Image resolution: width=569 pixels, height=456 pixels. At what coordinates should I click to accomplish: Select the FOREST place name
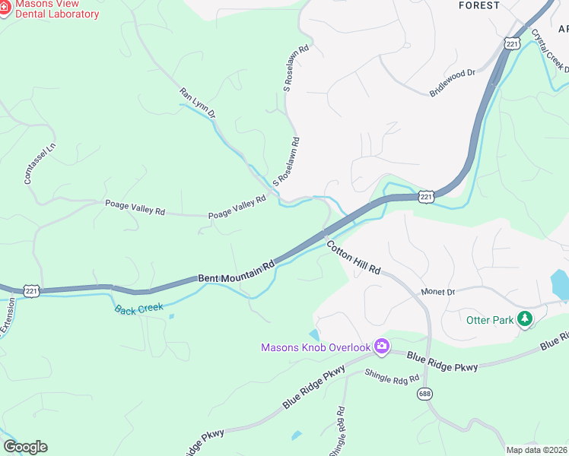coord(479,5)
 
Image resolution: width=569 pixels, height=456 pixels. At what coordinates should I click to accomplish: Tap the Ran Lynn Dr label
coord(198,103)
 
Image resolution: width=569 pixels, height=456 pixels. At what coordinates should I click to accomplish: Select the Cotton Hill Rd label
coord(354,258)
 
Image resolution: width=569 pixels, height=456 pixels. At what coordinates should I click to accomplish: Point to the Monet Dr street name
coord(437,292)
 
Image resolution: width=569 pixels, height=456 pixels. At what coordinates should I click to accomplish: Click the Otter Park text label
coord(490,320)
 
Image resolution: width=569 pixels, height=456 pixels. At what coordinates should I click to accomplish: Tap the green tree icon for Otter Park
coord(524,320)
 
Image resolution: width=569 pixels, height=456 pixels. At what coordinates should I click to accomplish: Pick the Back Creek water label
coord(139,309)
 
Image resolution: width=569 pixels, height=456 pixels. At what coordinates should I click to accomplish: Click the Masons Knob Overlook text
coord(315,347)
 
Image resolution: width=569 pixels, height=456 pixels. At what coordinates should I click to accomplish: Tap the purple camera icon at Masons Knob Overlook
coord(382,347)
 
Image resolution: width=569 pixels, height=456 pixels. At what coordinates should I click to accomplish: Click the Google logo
coord(25,447)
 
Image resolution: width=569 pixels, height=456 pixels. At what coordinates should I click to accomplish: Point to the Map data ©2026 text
coord(537,450)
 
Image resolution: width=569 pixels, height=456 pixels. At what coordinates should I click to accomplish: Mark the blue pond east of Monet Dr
coord(559,285)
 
